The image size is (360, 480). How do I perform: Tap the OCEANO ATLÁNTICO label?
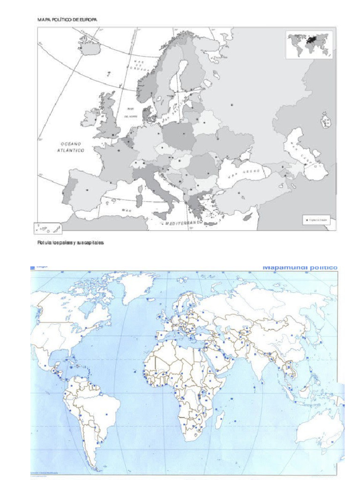point(71,147)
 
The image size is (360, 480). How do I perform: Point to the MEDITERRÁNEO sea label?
point(183,224)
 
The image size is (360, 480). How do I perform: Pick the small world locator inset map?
point(309,45)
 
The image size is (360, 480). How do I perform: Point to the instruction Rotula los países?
point(70,243)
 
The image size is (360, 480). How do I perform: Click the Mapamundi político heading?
point(300,268)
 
